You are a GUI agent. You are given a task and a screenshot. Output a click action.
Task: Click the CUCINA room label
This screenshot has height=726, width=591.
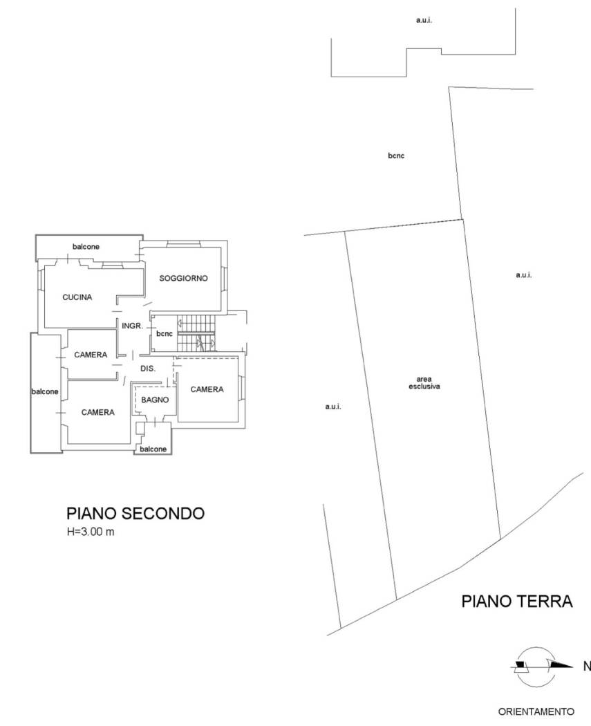coord(77,297)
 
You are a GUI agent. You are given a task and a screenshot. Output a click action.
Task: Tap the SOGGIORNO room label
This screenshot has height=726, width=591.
coord(183,279)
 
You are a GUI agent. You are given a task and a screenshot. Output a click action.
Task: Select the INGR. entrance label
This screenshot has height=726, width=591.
coord(132,325)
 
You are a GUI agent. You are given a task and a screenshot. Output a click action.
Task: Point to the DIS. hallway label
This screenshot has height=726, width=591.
coord(148,369)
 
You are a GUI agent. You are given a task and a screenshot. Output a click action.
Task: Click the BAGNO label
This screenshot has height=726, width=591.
coord(155,400)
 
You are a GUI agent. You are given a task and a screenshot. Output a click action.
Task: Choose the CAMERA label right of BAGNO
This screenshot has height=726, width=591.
coord(207,389)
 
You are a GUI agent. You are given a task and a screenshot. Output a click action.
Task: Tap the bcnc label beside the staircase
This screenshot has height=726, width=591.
coord(164,333)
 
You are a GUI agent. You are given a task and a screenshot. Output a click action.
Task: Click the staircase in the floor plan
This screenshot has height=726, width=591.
coord(197,333)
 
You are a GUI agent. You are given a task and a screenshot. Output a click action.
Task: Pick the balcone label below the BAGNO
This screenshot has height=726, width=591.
coord(153,449)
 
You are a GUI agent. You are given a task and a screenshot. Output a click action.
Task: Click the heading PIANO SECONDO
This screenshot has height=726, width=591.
coord(135,514)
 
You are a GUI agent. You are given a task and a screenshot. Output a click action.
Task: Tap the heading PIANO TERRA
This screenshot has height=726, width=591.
coord(516,602)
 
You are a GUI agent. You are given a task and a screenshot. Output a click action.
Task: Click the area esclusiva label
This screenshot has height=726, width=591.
coord(424,382)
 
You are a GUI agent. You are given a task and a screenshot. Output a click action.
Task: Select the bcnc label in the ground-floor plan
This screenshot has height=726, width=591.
coord(396,156)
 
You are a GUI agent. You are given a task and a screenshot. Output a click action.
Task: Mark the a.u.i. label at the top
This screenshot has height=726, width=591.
coord(424,21)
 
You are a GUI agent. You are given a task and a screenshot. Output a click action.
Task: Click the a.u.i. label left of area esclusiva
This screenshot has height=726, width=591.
coord(332,407)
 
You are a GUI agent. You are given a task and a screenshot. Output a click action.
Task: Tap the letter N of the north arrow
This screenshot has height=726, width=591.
coord(587,667)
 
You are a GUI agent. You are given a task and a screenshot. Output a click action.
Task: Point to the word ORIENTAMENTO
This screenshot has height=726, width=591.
coord(536,711)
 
